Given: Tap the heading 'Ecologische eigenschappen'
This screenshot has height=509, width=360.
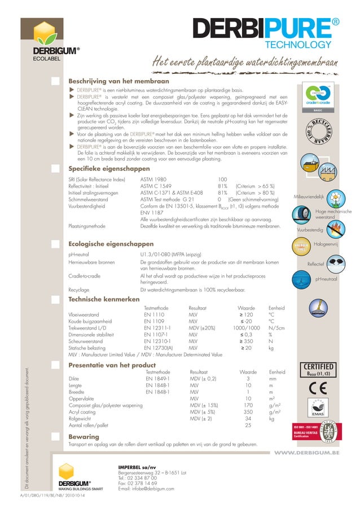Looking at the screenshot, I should click(111, 244).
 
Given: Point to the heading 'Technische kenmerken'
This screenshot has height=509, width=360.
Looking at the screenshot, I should click(104, 298).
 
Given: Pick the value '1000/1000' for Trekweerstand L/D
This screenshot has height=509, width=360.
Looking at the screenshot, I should click(246, 327).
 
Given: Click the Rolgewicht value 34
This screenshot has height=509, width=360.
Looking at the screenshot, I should click(248, 419).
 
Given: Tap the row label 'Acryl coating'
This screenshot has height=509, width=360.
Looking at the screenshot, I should click(86, 413).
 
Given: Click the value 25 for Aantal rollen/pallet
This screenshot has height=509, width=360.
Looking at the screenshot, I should click(248, 425).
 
